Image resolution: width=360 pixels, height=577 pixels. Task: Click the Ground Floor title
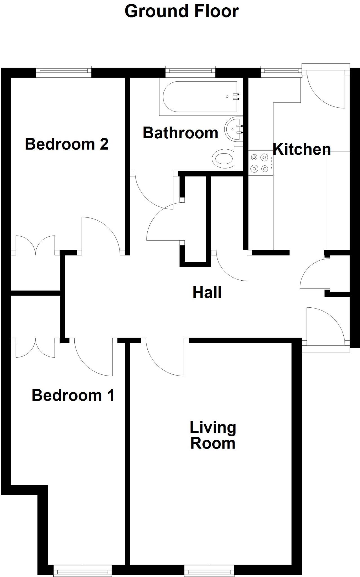point(182,12)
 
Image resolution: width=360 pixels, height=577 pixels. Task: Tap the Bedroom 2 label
point(67,144)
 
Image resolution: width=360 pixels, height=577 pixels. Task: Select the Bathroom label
point(180,133)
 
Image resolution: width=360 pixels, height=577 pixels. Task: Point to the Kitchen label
point(302,149)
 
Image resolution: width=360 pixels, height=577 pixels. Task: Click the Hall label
point(207,292)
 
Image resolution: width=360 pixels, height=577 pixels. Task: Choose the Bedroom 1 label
point(73,395)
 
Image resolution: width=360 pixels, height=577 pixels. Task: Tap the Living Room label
point(213,435)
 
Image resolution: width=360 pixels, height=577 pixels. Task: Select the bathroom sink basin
point(234,129)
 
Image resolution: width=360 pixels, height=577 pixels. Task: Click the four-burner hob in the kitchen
point(260,163)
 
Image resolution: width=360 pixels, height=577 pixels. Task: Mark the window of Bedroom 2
point(64,72)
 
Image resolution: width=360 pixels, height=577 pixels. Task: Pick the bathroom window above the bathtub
point(190,72)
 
